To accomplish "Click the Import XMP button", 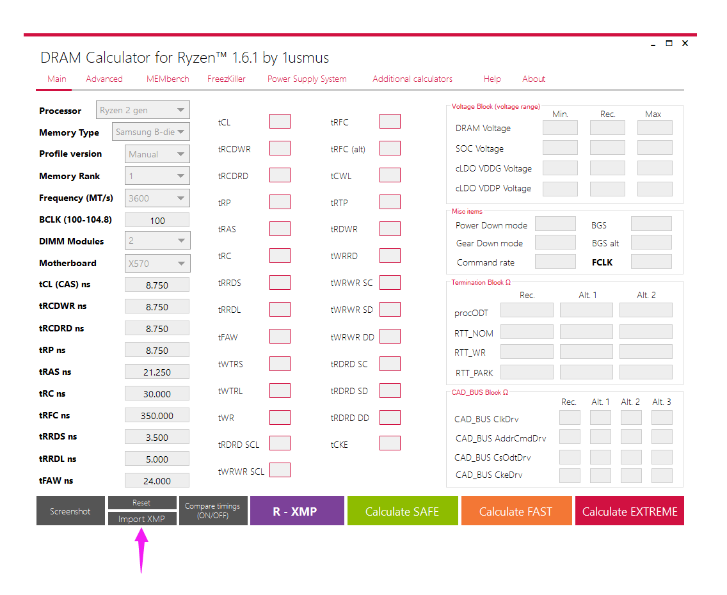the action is (142, 518).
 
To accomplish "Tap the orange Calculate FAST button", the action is (516, 511).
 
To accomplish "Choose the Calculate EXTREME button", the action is (630, 511).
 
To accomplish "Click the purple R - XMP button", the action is (297, 511).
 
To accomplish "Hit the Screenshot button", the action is (70, 511).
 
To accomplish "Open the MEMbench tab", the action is (168, 79).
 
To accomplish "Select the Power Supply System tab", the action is (307, 79).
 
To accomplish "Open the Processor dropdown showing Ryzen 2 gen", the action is (143, 110).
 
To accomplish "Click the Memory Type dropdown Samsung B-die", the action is (150, 132).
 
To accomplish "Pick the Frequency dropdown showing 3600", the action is (157, 198).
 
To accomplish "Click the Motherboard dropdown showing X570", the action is (157, 263).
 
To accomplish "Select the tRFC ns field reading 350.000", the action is (157, 416).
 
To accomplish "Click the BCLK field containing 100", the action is (157, 220).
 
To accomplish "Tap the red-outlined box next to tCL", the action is (280, 122).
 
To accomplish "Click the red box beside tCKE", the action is (390, 443).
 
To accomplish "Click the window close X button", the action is (685, 43).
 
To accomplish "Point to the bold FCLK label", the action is (602, 262).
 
